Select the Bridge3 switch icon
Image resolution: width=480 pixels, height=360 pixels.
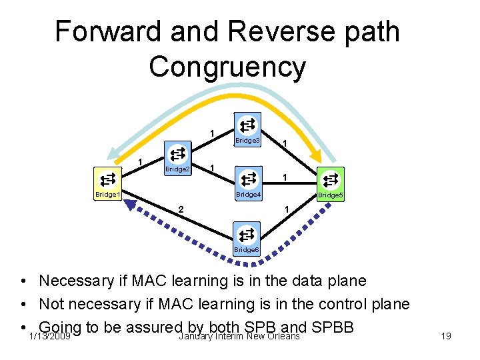(x=247, y=125)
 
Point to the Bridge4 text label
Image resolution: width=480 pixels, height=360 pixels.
(x=248, y=195)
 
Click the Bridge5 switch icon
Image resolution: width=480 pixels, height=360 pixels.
(x=331, y=179)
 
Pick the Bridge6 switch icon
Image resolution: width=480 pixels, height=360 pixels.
(x=247, y=234)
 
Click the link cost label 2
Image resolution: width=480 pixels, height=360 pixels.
(x=180, y=209)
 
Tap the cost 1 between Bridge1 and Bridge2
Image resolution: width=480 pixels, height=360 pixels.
(x=140, y=163)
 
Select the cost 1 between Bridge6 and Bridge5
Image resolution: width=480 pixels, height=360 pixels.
(x=285, y=209)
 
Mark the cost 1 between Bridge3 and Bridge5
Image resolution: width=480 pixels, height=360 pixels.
(x=285, y=143)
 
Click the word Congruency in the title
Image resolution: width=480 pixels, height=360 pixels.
(x=227, y=67)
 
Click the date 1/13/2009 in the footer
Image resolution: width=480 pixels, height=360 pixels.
(x=49, y=336)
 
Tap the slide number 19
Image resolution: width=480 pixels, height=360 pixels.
(x=446, y=336)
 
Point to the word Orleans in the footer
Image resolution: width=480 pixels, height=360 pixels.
(x=283, y=336)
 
